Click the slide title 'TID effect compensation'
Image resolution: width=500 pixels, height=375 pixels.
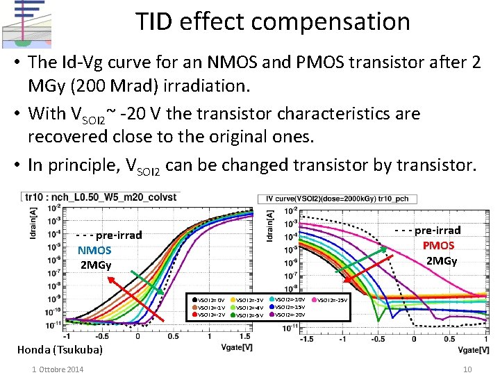pyautogui.click(x=272, y=22)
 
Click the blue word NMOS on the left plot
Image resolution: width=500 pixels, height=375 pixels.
pyautogui.click(x=94, y=250)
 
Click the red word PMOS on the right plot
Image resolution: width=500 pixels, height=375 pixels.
pyautogui.click(x=438, y=245)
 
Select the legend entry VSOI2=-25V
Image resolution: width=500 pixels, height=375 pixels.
pyautogui.click(x=333, y=299)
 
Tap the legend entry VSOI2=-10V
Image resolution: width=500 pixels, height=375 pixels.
pyautogui.click(x=290, y=299)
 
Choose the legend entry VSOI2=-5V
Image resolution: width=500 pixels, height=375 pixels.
pyautogui.click(x=249, y=315)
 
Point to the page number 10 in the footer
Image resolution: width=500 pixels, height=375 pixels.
pyautogui.click(x=467, y=369)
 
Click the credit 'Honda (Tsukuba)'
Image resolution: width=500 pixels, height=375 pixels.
pyautogui.click(x=59, y=349)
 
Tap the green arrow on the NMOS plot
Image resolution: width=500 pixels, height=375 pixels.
pyautogui.click(x=147, y=282)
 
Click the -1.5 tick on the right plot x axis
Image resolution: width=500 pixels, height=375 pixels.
pyautogui.click(x=306, y=340)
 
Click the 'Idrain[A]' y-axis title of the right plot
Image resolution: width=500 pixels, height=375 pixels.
pyautogui.click(x=269, y=227)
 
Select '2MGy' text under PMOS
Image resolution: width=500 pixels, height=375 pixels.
pyautogui.click(x=442, y=260)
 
